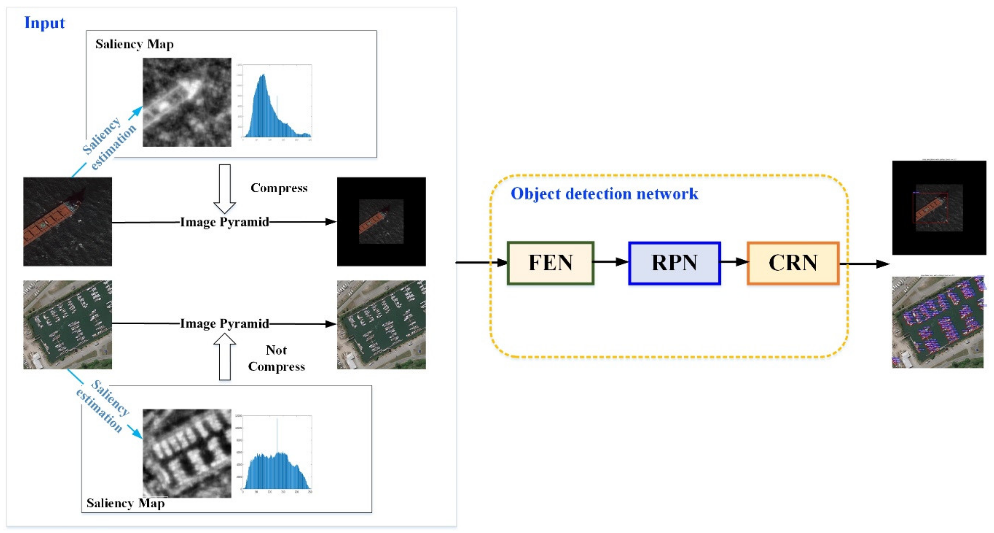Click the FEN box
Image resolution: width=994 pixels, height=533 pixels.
point(550,263)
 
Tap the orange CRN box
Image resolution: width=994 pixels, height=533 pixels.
point(793,263)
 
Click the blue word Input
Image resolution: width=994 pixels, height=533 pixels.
point(44,22)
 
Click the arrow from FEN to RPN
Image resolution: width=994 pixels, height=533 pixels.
point(611,262)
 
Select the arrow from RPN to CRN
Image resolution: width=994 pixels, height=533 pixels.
point(734,262)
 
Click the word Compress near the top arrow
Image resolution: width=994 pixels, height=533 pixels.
point(279,188)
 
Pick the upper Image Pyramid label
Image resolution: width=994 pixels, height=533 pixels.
point(225,222)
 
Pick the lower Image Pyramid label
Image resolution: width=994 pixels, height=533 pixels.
point(225,323)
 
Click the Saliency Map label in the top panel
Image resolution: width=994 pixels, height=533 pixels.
point(134,44)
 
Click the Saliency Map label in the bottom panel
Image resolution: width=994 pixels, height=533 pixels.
point(125,503)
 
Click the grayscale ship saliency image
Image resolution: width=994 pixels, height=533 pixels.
point(187,102)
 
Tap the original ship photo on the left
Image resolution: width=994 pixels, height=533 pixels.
point(67,222)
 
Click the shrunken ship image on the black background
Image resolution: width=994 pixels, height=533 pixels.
point(381,222)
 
